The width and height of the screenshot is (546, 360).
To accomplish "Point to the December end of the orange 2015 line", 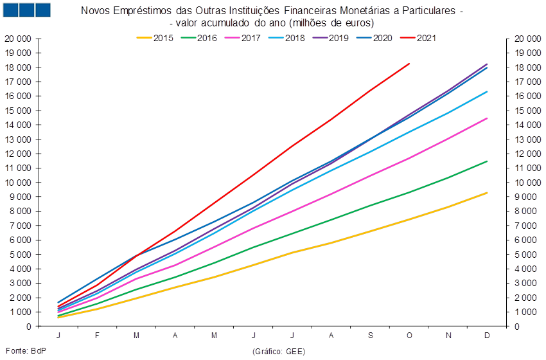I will pos(488,192).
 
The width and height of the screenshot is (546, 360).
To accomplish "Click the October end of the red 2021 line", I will pos(410,64).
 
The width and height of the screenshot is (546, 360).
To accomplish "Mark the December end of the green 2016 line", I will pos(488,161).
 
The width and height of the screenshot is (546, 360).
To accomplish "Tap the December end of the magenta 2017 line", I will pos(488,118).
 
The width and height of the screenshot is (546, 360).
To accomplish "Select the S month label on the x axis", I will pos(371,336).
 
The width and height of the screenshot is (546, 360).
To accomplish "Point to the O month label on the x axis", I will pos(410,336).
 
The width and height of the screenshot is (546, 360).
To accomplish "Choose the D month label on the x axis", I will pos(488,336).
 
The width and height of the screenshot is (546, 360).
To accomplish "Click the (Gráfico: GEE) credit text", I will pos(278,351).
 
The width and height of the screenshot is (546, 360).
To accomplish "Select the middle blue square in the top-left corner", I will pos(27,10).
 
